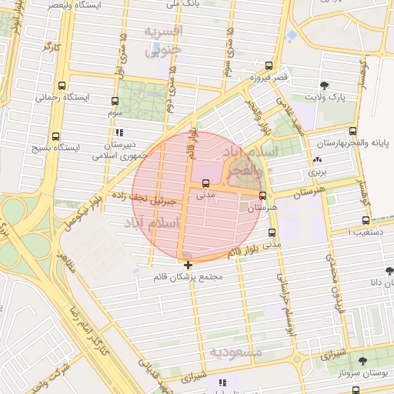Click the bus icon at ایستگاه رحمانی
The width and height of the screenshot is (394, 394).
pos(62,86)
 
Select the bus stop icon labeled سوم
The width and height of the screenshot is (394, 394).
pos(115,101)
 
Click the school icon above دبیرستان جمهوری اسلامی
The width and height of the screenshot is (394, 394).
pos(119,132)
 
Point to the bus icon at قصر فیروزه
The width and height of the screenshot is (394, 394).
pos(269,65)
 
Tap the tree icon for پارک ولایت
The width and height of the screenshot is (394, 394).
pos(323,85)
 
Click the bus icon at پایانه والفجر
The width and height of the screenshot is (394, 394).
pos(352,131)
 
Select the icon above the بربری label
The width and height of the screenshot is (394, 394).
pos(316,159)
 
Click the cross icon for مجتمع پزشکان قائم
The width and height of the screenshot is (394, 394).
pos(189,265)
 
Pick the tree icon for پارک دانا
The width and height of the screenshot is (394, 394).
pos(389,271)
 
